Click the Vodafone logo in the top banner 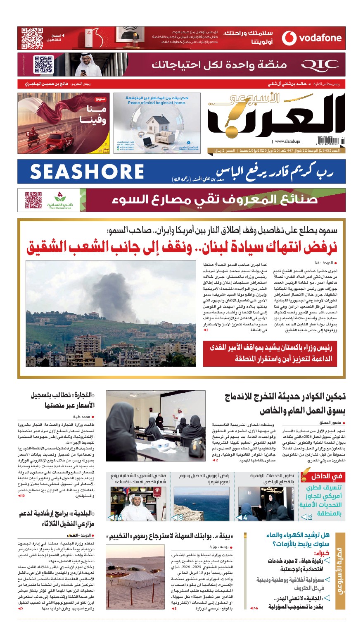coord(312,38)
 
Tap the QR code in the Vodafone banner coord(32,38)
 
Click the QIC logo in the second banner coord(320,65)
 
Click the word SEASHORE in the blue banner coord(87,172)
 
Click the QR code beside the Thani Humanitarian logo coord(33,200)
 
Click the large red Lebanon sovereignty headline coord(182,247)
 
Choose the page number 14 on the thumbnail coord(118,518)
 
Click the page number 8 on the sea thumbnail coord(180,518)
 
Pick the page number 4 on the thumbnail coord(245,518)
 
